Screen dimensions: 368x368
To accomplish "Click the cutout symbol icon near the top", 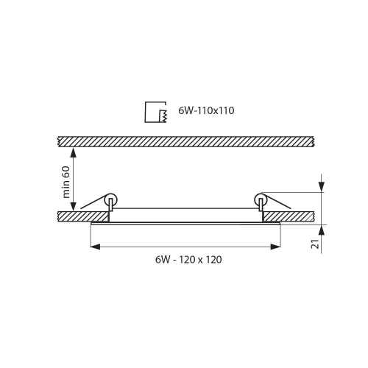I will (x=155, y=111).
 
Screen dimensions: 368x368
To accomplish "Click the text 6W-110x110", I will (x=206, y=111).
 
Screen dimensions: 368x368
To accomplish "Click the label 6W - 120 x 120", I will (x=188, y=260).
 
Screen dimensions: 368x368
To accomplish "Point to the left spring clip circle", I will (x=111, y=199).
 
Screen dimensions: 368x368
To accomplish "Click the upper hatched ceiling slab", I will (x=188, y=141).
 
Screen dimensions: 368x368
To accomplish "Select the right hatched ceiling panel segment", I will (x=290, y=216).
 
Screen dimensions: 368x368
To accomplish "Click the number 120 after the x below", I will (x=213, y=260).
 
